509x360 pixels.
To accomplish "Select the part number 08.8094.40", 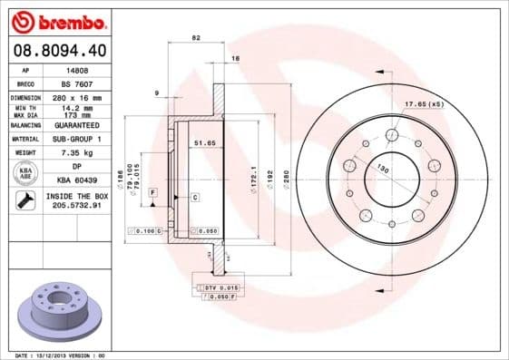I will click(56, 48).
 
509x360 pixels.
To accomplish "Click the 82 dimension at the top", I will click(196, 38).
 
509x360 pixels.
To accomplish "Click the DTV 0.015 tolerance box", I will click(218, 287).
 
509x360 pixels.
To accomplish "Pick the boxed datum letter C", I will click(195, 197).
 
